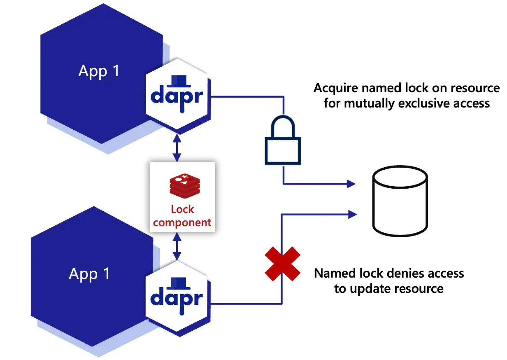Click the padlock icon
click(283, 151)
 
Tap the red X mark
click(282, 264)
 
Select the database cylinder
click(400, 201)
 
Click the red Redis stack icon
click(185, 186)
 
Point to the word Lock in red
click(182, 209)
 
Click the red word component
click(182, 223)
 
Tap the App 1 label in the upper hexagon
click(99, 71)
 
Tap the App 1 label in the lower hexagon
click(89, 274)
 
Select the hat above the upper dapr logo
click(179, 81)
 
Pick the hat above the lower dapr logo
click(179, 283)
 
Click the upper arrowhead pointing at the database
click(351, 184)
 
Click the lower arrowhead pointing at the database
click(352, 214)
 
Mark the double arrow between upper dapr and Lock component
click(177, 148)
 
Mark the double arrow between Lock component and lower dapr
click(177, 246)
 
